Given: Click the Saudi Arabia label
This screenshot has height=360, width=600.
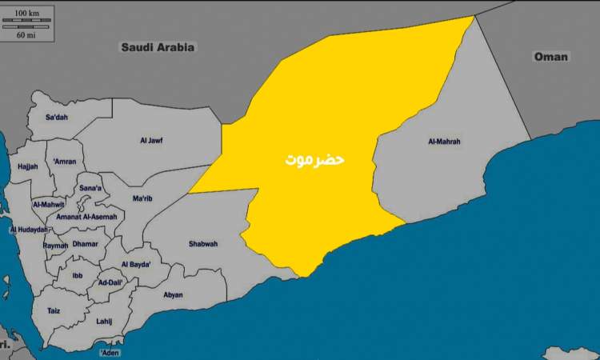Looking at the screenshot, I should (158, 47).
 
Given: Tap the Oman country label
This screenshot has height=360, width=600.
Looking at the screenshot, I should (550, 57).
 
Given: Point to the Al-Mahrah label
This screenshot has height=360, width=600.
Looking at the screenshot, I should (445, 142).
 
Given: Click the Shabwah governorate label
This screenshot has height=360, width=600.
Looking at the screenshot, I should (203, 243).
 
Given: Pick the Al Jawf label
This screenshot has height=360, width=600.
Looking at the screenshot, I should (150, 141).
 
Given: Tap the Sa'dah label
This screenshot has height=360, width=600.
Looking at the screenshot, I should (57, 117).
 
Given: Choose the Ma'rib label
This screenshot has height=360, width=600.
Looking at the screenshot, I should (142, 198).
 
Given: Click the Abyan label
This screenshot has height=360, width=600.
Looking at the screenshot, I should (173, 294).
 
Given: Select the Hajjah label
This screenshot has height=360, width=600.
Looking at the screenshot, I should (27, 166).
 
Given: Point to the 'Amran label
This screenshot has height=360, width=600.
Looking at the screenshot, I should (65, 162).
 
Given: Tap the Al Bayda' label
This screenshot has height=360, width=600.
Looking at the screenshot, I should (136, 264).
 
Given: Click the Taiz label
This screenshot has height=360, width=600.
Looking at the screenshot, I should (54, 310).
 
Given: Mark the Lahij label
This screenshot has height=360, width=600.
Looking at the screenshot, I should (104, 321).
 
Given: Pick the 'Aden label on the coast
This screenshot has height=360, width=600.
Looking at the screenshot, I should (110, 352).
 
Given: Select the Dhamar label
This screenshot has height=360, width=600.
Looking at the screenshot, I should (85, 243).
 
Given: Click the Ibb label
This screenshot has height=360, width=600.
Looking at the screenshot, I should (78, 275).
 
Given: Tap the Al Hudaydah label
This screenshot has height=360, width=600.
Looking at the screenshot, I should (29, 230).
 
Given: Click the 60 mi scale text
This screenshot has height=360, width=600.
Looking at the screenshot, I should (28, 35).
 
